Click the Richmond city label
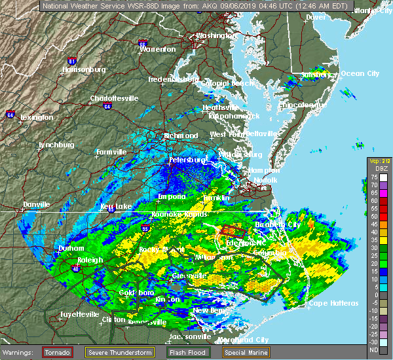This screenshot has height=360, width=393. [182, 135]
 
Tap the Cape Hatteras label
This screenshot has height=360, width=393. [333, 303]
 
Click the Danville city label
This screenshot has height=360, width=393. [36, 204]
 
